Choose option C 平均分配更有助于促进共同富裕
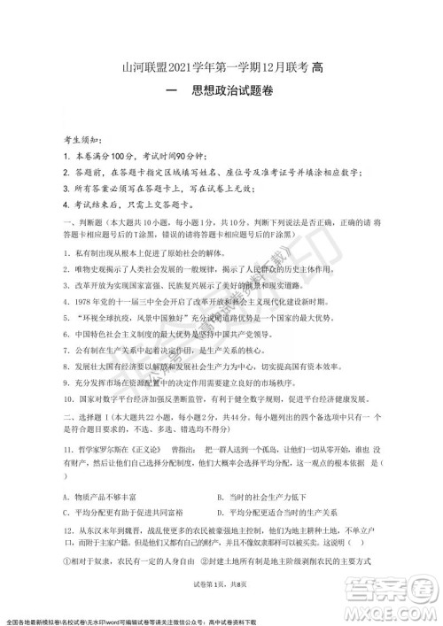pos(123,513)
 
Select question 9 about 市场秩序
pos(177,382)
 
